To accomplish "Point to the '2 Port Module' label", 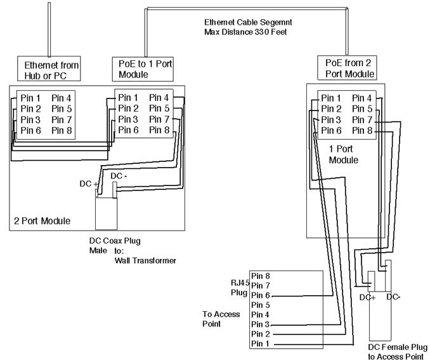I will (x=42, y=221).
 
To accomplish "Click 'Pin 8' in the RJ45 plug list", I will (x=261, y=276).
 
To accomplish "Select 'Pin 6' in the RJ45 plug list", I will (x=261, y=295).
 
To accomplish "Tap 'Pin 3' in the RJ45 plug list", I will (x=261, y=324).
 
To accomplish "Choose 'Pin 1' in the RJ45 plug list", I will (x=261, y=343).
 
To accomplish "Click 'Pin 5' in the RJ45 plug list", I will (x=261, y=305).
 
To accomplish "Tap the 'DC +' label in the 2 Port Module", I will (x=88, y=183).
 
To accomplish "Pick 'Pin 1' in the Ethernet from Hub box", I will (x=30, y=98).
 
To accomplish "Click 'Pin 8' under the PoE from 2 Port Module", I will (x=362, y=130).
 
